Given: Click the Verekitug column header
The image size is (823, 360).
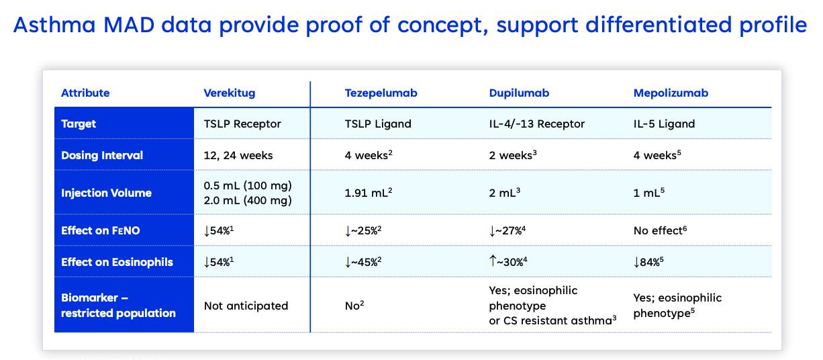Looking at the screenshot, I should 230,93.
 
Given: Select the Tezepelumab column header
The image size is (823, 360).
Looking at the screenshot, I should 381,93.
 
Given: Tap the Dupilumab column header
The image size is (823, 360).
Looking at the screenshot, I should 519,93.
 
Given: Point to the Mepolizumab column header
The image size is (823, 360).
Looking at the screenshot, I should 671,93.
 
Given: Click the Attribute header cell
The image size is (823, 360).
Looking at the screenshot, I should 85,93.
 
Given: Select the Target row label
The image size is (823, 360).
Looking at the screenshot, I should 79,124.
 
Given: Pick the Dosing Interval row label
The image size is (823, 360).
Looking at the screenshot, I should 102,155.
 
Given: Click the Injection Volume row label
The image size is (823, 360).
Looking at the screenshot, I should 106,193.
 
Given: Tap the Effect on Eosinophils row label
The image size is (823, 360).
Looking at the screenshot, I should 117,262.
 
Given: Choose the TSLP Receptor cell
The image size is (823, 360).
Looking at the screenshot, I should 242,124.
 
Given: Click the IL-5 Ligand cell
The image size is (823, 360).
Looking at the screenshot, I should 664,124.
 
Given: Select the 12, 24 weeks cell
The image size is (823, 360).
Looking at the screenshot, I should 238,155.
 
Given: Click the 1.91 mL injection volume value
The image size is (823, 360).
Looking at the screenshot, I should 368,193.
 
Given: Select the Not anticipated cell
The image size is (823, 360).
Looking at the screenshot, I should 246,306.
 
